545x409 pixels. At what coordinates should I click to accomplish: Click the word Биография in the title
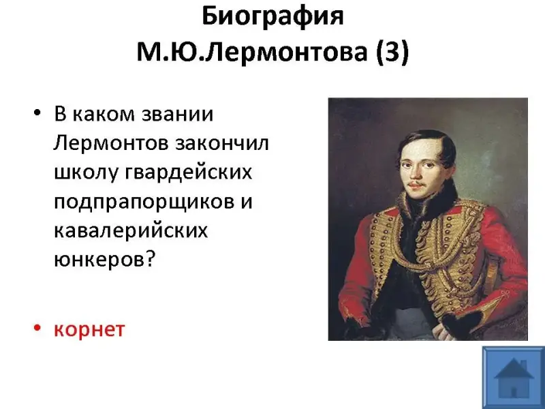point(272,16)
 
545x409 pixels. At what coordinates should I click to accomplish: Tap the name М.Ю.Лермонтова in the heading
point(252,52)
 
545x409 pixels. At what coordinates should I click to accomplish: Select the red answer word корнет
point(89,329)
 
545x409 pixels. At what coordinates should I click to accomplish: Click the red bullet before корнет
point(37,328)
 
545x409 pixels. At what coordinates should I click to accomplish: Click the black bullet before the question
point(37,112)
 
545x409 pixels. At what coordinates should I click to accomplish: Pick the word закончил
point(222,143)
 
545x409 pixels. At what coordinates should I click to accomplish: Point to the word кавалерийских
point(131,230)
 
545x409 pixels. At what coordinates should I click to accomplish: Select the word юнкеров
point(99,259)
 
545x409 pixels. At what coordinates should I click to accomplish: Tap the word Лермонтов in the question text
point(111,143)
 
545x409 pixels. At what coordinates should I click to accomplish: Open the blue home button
point(514,378)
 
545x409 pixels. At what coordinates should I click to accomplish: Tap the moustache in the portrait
point(416,183)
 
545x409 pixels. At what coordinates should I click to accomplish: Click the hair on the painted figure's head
point(429,142)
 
